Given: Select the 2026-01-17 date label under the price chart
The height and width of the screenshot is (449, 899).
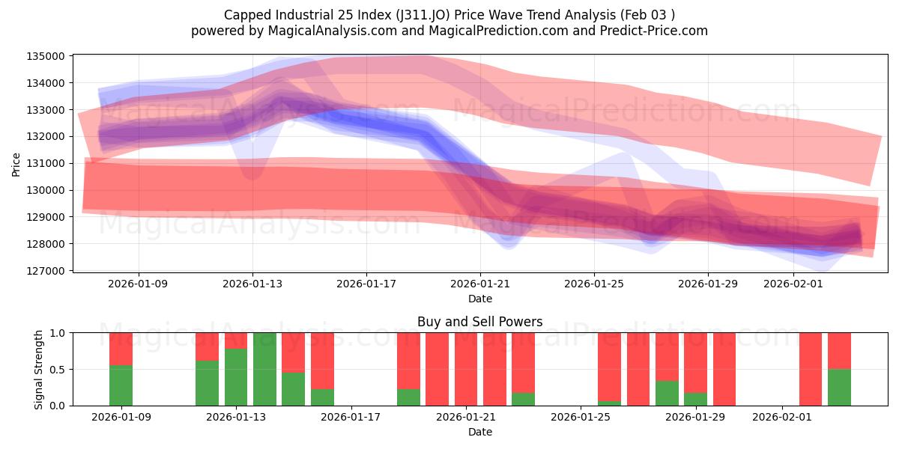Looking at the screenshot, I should pos(366,284).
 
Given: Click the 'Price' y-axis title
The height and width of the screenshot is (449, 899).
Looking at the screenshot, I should pos(16,163).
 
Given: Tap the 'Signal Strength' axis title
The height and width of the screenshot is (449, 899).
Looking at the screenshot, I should pos(39,369).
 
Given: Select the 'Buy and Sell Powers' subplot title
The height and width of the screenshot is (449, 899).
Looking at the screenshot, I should pos(479,322).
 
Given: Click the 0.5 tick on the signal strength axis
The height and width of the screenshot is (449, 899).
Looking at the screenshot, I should pos(58,370).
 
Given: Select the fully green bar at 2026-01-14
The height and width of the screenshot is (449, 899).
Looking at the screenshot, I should pos(264,369).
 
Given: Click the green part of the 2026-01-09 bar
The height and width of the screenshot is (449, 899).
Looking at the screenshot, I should pos(121,385).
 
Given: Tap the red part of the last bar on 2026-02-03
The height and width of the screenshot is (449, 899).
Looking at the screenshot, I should pos(839,350).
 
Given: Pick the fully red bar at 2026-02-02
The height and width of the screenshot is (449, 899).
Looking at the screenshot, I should pos(811,369).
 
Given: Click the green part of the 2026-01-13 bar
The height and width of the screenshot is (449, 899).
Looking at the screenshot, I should pos(236,377).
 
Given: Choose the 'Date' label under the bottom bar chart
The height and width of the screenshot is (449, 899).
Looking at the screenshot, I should pos(479,432).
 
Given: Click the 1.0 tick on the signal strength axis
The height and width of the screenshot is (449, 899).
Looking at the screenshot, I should pos(58,333).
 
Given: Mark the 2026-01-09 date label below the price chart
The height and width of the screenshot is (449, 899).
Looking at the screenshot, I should pos(139,284).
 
